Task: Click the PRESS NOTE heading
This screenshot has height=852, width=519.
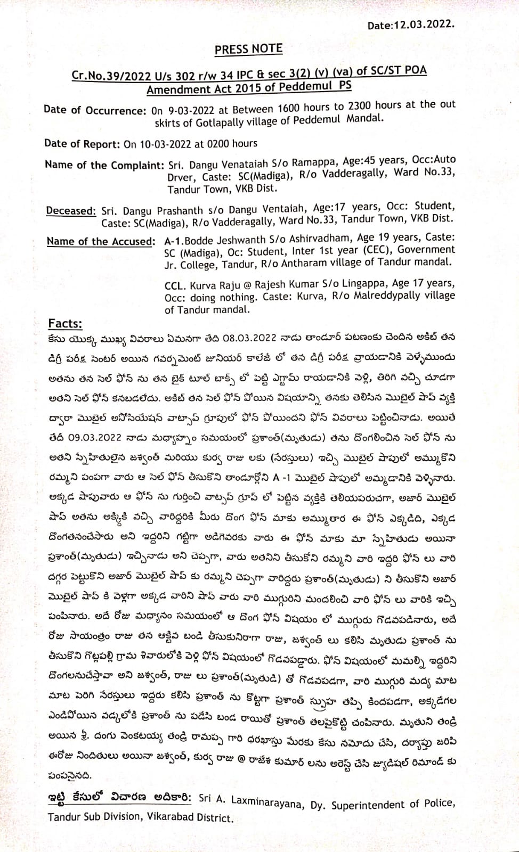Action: coord(248,50)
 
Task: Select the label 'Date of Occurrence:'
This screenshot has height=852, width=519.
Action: coord(94,110)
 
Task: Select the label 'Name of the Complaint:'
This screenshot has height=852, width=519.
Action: coord(104,165)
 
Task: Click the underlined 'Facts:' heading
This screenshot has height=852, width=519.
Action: coord(65,323)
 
